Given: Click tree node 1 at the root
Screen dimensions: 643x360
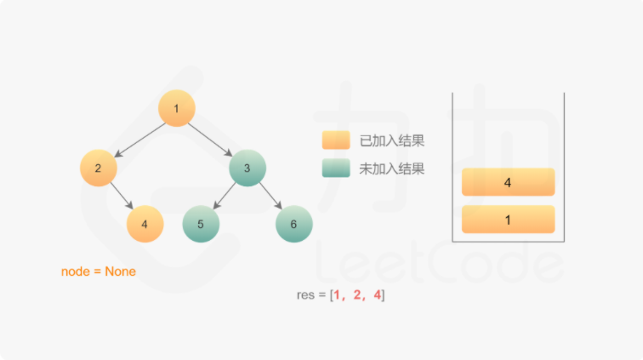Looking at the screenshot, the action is pyautogui.click(x=177, y=108).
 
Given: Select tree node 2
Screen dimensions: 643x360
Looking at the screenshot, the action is pyautogui.click(x=99, y=168).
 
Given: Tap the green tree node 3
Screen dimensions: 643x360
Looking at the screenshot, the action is pyautogui.click(x=248, y=168).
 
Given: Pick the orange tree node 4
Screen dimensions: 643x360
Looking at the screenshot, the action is pyautogui.click(x=145, y=224).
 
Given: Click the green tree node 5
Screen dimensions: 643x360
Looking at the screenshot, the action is pyautogui.click(x=201, y=224).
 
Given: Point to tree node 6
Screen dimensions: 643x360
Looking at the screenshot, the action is pyautogui.click(x=293, y=224).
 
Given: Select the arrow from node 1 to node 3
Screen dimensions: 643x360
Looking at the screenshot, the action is pyautogui.click(x=212, y=140).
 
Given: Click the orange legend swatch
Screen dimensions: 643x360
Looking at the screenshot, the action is pyautogui.click(x=336, y=140).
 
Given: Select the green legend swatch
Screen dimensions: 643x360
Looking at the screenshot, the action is pyautogui.click(x=336, y=168).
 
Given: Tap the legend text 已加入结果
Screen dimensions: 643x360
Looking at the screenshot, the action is pyautogui.click(x=392, y=140).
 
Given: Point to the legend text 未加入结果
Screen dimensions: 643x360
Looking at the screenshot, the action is pyautogui.click(x=392, y=169).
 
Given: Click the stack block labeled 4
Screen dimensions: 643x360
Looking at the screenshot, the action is pyautogui.click(x=508, y=182).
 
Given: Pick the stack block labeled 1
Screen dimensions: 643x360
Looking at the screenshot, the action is pyautogui.click(x=508, y=219).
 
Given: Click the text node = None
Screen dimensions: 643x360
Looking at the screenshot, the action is pyautogui.click(x=99, y=271).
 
